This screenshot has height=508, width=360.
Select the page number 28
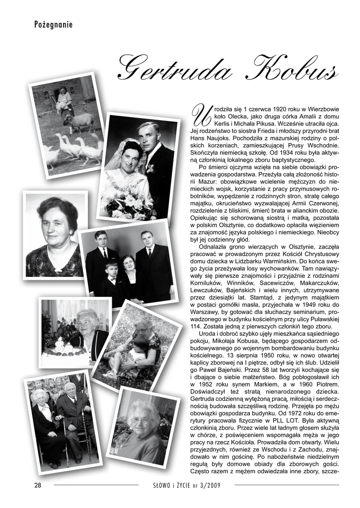[38, 485]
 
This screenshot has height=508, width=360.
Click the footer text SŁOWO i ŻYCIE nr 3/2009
[186, 485]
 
